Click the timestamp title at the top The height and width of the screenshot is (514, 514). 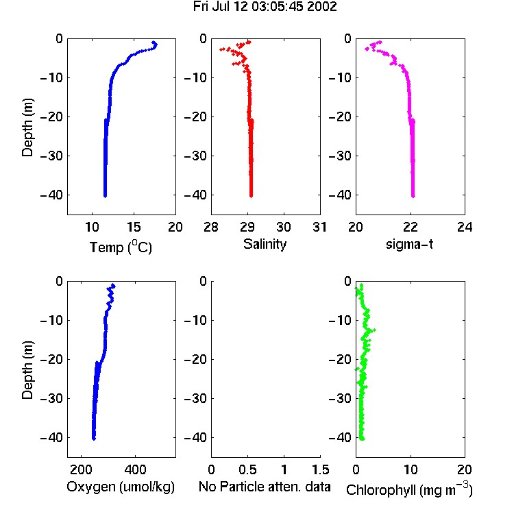point(265,7)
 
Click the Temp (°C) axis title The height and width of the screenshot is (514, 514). point(121,247)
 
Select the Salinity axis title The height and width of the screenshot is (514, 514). point(265,244)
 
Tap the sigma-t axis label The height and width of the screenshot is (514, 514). point(409,244)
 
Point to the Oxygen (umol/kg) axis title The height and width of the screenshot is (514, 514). point(121,487)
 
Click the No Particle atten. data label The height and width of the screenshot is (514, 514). point(265,487)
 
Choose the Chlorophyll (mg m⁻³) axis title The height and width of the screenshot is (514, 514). point(409,489)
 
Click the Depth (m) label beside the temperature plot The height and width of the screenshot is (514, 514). point(27,127)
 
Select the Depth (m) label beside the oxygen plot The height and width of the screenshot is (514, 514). point(27,370)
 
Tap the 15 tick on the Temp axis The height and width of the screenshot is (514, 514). point(134,227)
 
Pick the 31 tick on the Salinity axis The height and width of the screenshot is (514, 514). point(319,227)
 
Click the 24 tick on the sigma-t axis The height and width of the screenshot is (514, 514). point(465,227)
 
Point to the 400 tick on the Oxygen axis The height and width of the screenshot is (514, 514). point(135,469)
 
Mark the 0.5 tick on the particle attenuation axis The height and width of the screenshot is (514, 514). point(247,469)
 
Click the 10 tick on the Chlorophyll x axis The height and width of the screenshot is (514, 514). point(411,469)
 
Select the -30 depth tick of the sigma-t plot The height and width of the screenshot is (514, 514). point(340,156)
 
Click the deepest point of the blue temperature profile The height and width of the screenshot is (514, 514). point(106,196)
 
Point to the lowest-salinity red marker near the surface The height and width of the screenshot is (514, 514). point(221,49)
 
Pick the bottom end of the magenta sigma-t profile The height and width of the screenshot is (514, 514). point(413,196)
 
